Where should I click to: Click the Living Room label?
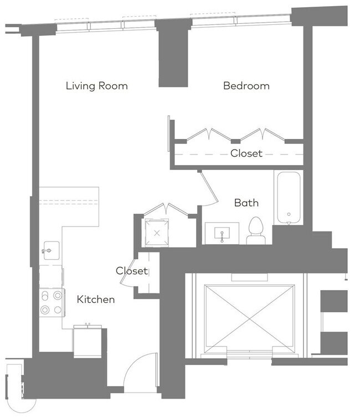(x=96, y=86)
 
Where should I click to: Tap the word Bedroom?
(x=246, y=86)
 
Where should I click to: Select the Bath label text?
(x=246, y=203)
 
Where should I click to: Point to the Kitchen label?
(x=96, y=300)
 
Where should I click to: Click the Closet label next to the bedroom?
(x=246, y=153)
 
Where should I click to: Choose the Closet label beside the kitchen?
(x=132, y=271)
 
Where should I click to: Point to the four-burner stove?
(x=50, y=303)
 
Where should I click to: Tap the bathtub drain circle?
(x=289, y=214)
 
